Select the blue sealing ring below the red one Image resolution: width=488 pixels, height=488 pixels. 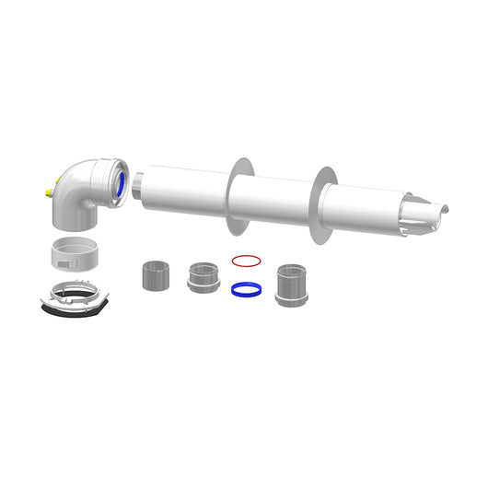[243, 288]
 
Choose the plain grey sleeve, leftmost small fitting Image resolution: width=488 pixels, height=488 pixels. [153, 274]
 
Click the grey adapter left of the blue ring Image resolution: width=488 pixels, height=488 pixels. [203, 276]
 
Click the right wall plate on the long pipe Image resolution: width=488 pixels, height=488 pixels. [325, 206]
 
